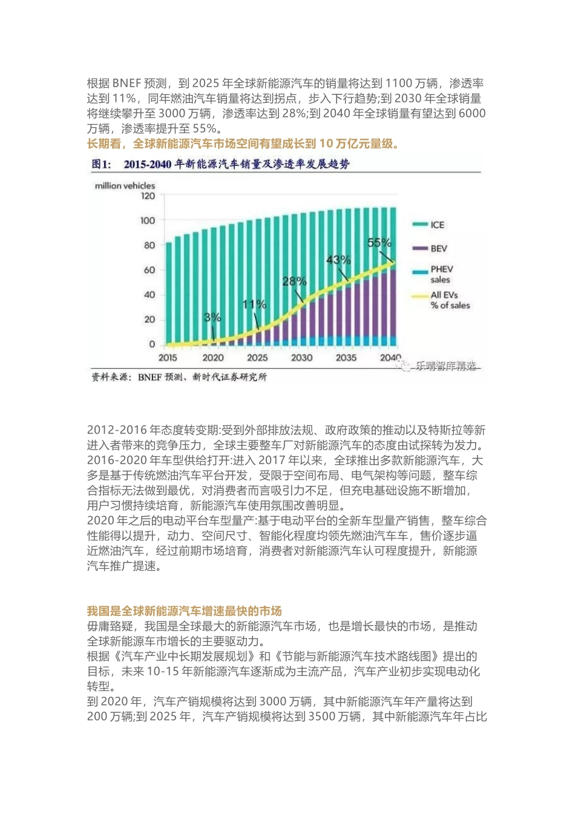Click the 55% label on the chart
tap(379, 243)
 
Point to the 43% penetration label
tap(338, 260)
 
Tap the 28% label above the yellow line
tap(295, 282)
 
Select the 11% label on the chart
tap(254, 304)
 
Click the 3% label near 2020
tap(212, 317)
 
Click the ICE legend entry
tap(437, 225)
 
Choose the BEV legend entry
tap(438, 248)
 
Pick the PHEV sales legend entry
tap(441, 274)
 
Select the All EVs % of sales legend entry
tap(449, 300)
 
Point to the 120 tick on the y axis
tap(148, 196)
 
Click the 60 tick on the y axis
tap(149, 270)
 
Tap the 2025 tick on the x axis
tap(257, 358)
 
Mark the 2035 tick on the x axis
tap(346, 358)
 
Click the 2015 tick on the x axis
tap(168, 358)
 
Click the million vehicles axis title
tap(125, 185)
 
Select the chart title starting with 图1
tap(220, 164)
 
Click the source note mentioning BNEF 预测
tap(179, 377)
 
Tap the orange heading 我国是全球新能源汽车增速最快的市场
tap(185, 610)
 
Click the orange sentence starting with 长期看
tap(243, 144)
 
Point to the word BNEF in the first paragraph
tap(126, 84)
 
